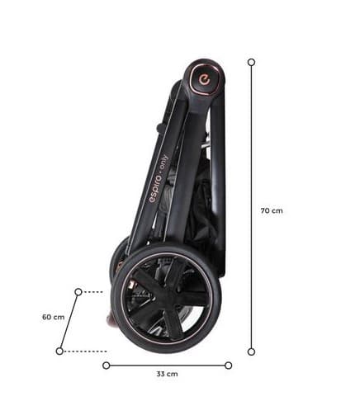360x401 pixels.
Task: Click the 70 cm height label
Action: (272, 210)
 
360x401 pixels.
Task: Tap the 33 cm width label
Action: (167, 374)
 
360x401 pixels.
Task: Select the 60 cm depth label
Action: (54, 317)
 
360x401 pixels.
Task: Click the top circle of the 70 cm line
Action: (251, 62)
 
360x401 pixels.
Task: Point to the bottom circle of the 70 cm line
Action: (251, 351)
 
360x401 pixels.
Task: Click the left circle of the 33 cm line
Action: (107, 366)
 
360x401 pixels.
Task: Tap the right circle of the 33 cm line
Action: (228, 366)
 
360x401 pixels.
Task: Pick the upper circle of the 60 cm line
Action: (78, 292)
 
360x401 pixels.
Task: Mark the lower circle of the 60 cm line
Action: (59, 351)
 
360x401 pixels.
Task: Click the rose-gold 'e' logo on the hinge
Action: (205, 80)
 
